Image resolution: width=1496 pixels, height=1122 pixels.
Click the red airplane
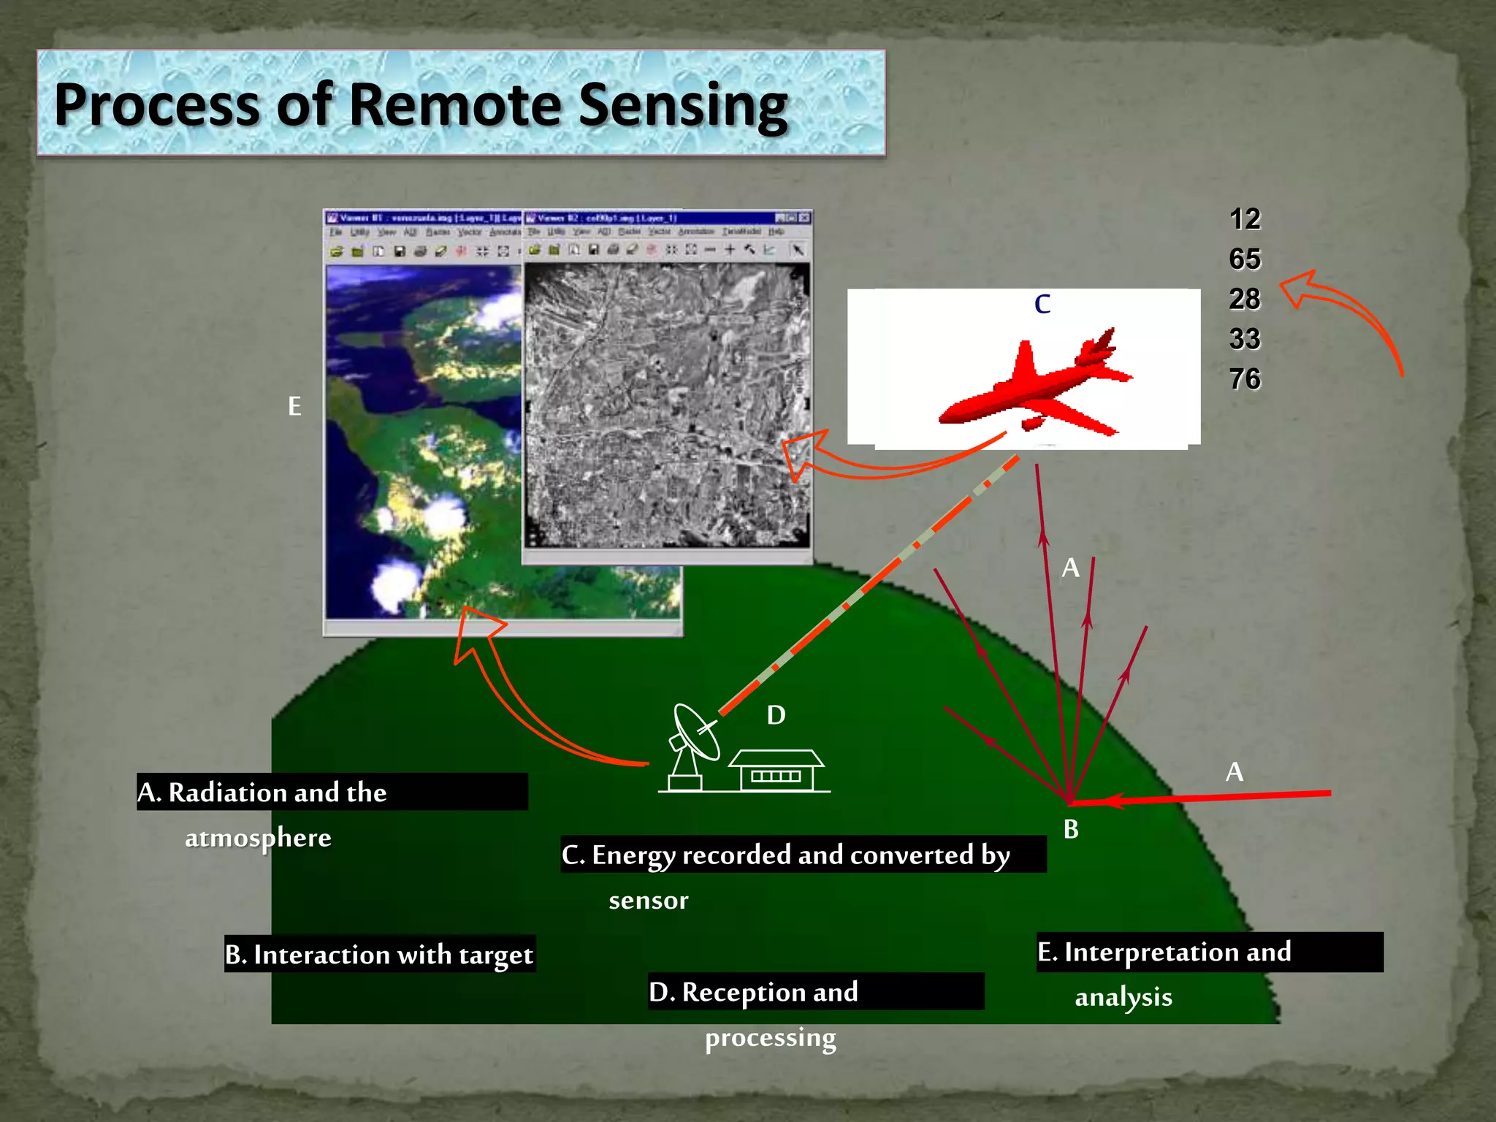tap(1037, 387)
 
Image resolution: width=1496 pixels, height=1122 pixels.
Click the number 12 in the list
tap(1245, 219)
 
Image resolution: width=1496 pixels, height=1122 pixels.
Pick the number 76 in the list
tap(1245, 379)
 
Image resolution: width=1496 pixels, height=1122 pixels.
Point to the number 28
tap(1245, 299)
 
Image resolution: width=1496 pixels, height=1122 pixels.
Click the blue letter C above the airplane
tap(1042, 304)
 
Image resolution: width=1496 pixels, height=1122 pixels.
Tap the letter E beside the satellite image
tap(294, 406)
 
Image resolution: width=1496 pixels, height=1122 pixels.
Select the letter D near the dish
tap(776, 715)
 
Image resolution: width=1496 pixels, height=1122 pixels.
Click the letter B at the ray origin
tap(1071, 829)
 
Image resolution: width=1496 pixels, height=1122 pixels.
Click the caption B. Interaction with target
tap(380, 955)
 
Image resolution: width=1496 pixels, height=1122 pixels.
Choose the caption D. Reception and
tap(754, 992)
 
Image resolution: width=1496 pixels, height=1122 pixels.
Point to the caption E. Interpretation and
tap(1164, 952)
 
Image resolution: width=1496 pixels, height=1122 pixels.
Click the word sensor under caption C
tap(649, 901)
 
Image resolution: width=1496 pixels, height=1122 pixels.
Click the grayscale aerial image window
tap(667, 405)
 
